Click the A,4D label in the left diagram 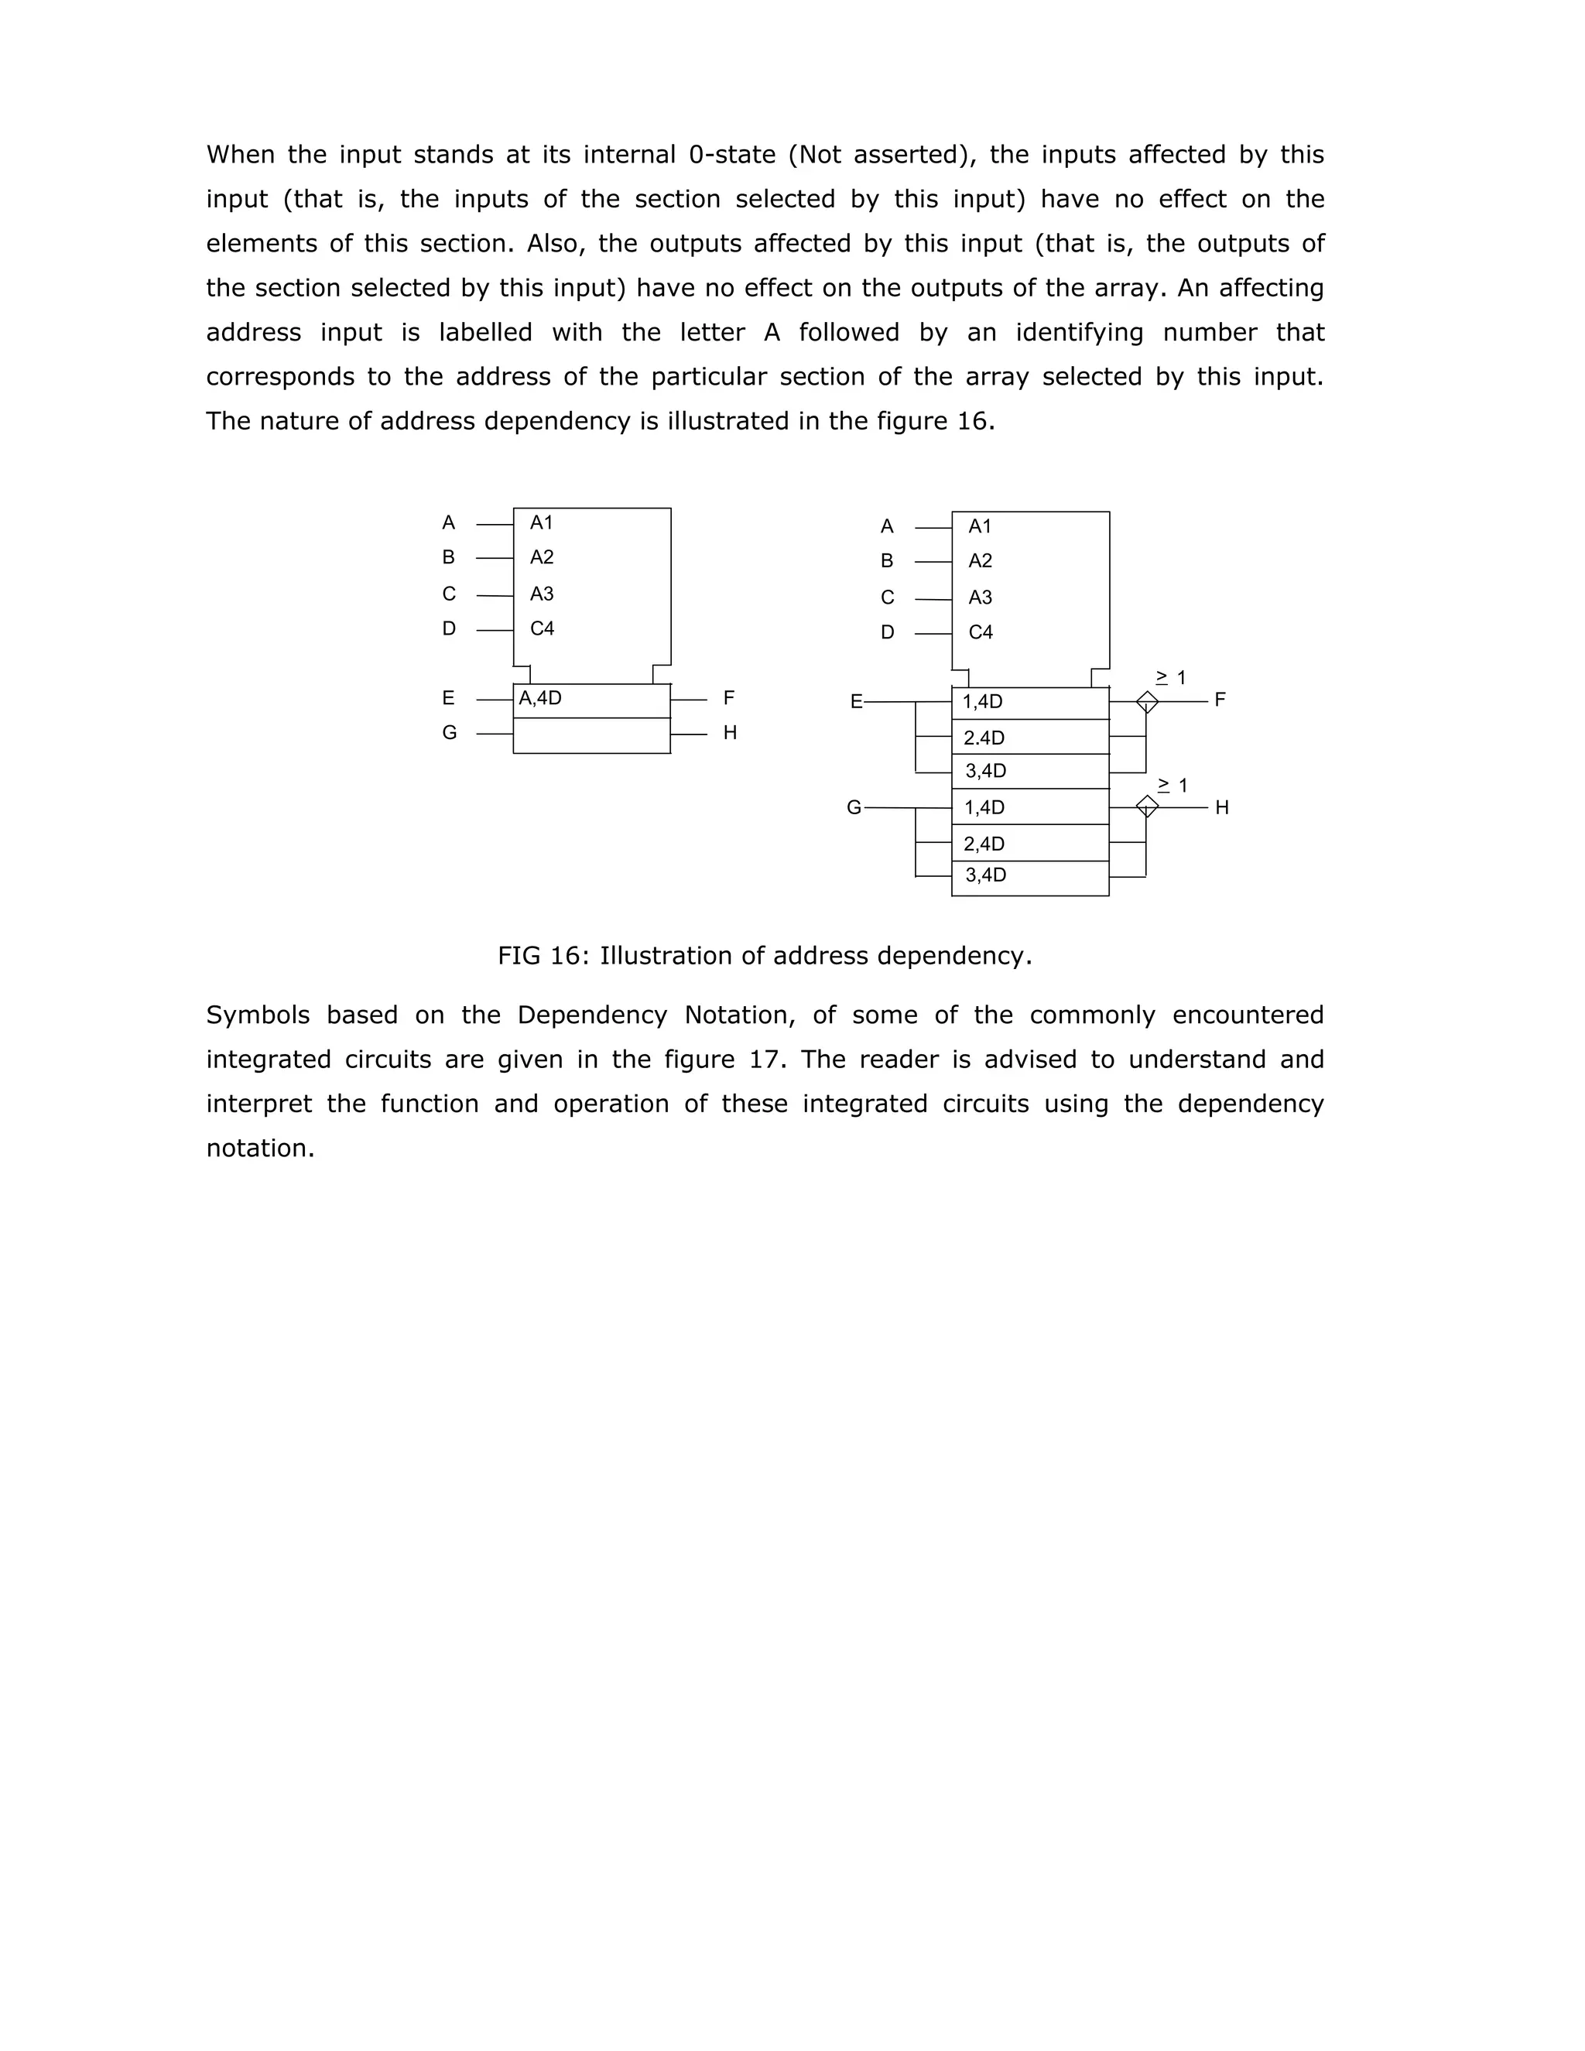pos(540,698)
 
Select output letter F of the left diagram pos(728,698)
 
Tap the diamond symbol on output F pos(1146,701)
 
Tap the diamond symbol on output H pos(1146,806)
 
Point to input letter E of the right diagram pos(855,701)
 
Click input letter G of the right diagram pos(854,807)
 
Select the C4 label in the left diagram pos(542,628)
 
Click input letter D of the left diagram pos(449,628)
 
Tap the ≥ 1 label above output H pos(1172,785)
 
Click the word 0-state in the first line pos(732,154)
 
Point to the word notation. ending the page pos(260,1148)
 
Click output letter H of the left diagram pos(730,732)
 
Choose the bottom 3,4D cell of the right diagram pos(985,875)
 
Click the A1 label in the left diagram pos(541,522)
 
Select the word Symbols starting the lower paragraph pos(258,1015)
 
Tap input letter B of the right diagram pos(886,560)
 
